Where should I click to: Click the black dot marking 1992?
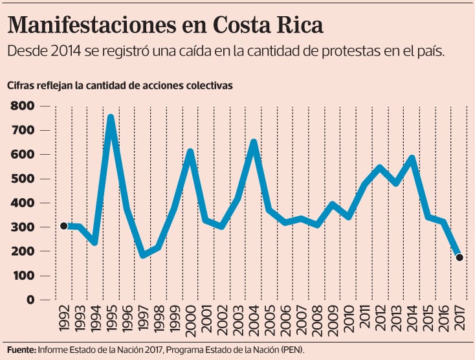63,225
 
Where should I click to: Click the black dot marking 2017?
459,258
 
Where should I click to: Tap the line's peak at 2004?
254,142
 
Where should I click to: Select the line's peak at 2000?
190,152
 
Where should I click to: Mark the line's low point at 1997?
142,255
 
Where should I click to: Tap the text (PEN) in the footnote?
293,350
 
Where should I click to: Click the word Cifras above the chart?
21,85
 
